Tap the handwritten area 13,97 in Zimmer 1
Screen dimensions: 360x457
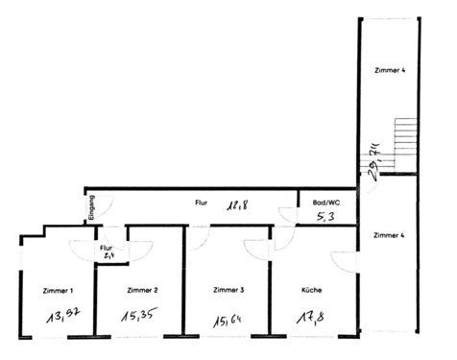pos(63,316)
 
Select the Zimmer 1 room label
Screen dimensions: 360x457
pos(59,289)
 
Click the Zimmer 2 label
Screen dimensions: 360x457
pos(142,289)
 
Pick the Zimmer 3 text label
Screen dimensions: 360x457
pos(228,289)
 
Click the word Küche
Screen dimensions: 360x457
pos(310,289)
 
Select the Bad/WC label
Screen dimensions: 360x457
pos(326,203)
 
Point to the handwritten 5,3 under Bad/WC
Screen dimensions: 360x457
pos(325,218)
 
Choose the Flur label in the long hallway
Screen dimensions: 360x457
pos(201,203)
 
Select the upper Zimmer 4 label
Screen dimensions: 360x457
pos(389,70)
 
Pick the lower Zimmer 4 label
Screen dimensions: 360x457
pos(389,234)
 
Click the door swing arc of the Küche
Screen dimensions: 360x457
pos(340,260)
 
